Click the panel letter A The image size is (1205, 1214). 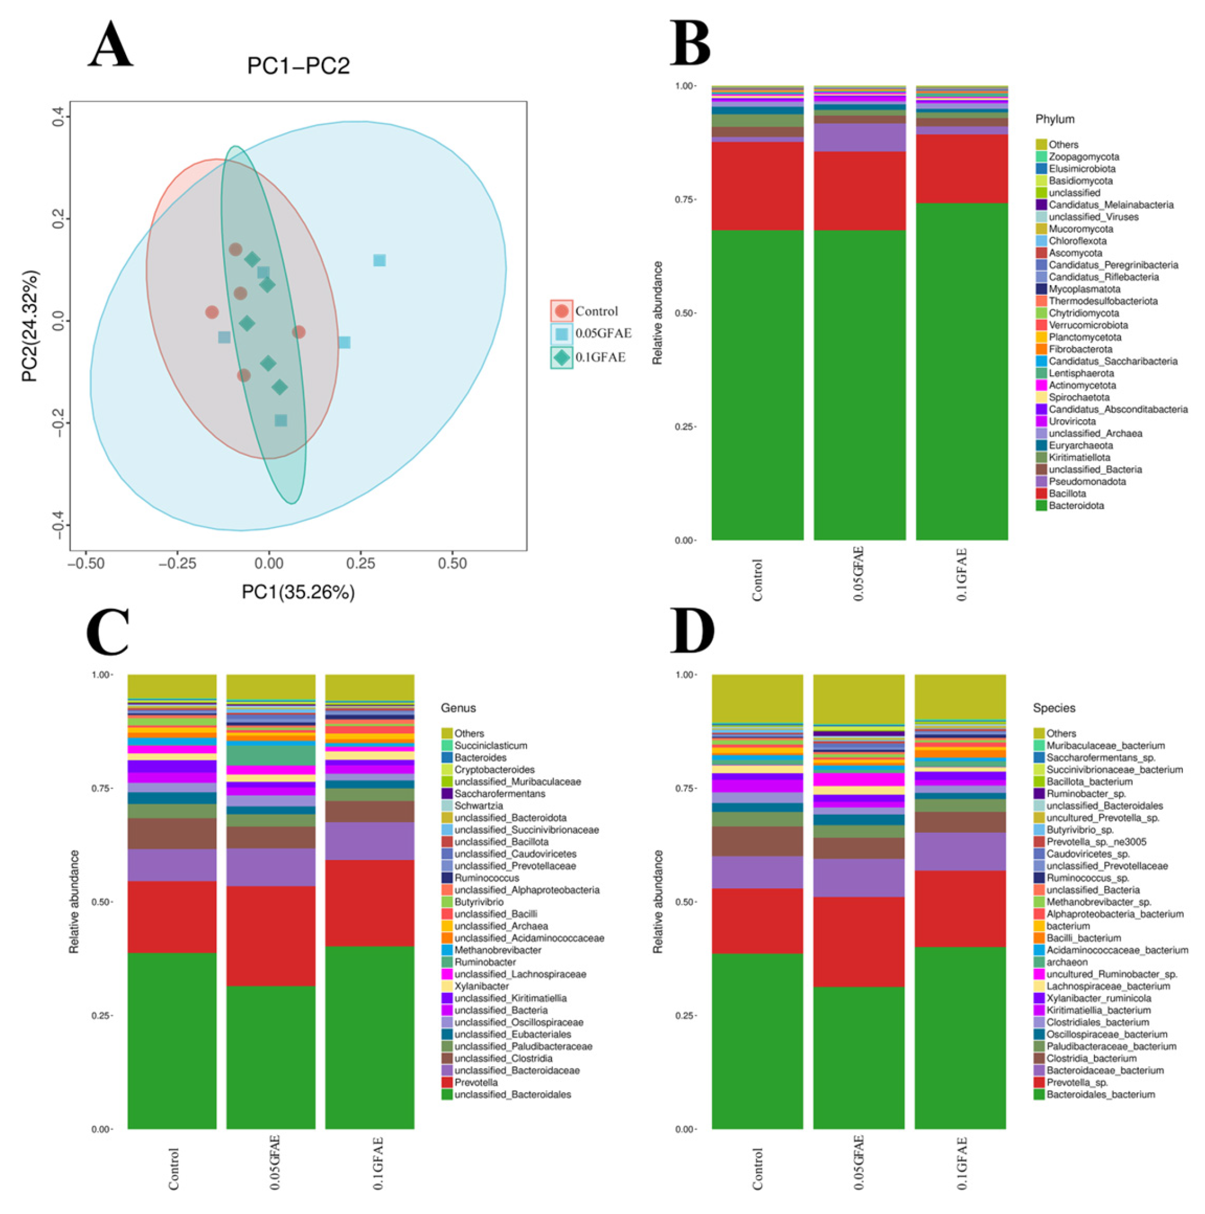point(111,45)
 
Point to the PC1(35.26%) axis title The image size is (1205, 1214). point(298,592)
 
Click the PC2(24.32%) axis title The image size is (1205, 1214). point(29,326)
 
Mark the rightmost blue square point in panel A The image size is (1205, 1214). point(380,260)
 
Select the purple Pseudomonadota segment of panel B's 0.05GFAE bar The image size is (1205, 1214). point(859,138)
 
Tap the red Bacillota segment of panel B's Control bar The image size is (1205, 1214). point(757,186)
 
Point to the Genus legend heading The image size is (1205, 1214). point(458,708)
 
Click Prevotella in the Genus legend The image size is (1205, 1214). point(476,1083)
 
